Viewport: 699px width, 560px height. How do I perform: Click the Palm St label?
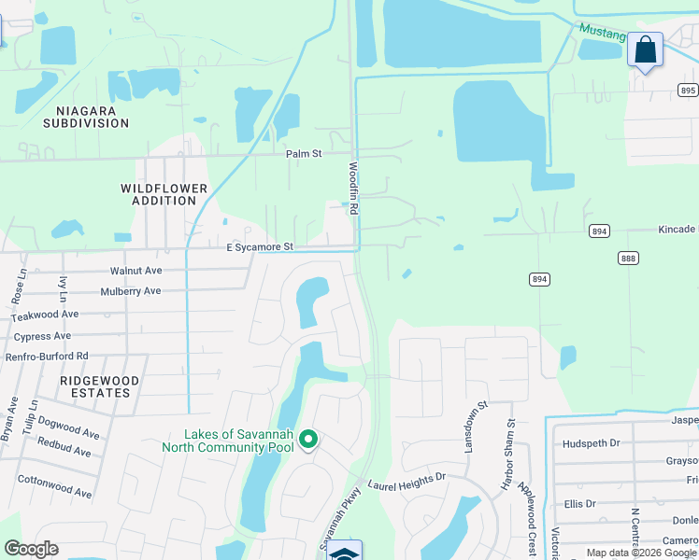pyautogui.click(x=304, y=153)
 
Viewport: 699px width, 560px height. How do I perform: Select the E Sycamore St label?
pyautogui.click(x=260, y=247)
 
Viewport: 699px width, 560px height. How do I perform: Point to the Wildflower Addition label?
pyautogui.click(x=164, y=194)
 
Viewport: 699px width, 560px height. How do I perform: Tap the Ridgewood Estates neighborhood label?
pyautogui.click(x=99, y=386)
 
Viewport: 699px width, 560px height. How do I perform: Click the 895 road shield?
pyautogui.click(x=689, y=91)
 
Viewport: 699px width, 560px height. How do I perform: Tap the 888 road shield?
pyautogui.click(x=627, y=258)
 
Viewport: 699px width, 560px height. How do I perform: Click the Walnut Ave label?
pyautogui.click(x=136, y=271)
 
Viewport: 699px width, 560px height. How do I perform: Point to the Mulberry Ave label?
pyautogui.click(x=131, y=291)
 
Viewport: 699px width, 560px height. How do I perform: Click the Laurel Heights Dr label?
pyautogui.click(x=407, y=482)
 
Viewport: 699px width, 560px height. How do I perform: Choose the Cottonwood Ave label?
pyautogui.click(x=55, y=486)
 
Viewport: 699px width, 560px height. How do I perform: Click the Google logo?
pyautogui.click(x=31, y=549)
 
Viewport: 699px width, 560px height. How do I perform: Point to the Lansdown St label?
pyautogui.click(x=473, y=428)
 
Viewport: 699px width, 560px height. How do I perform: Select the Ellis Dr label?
pyautogui.click(x=580, y=504)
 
